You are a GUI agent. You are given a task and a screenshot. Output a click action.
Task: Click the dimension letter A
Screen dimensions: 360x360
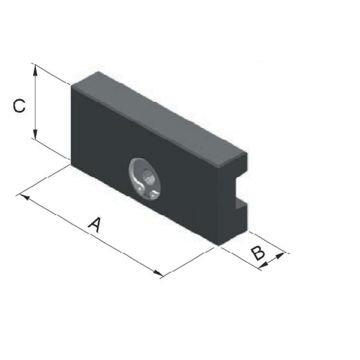point(95,224)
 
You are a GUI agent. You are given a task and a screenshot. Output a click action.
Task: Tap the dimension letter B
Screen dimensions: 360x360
point(258,253)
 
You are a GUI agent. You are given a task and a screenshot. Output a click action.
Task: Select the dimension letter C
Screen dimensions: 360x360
point(19,106)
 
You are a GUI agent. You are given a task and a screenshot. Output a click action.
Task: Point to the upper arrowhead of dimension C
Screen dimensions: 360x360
point(35,70)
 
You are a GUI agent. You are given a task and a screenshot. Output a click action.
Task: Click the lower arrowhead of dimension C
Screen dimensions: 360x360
point(35,134)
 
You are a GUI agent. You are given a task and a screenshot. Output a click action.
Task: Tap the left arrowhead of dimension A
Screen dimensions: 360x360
point(25,197)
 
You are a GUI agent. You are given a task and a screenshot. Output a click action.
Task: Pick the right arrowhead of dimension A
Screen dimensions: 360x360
point(158,273)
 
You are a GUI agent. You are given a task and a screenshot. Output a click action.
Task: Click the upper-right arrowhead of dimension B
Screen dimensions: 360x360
point(279,256)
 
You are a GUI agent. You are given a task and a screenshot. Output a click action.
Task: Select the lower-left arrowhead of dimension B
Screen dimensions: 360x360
point(263,265)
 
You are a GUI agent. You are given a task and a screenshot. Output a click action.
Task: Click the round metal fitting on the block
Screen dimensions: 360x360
point(145,178)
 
